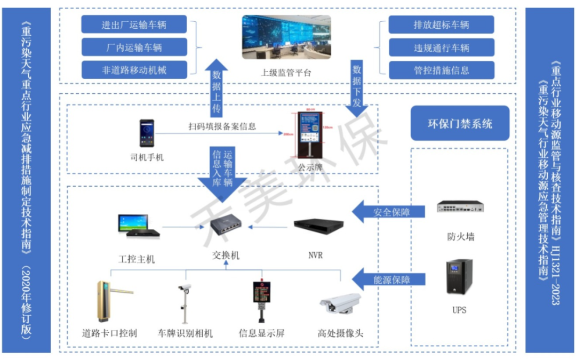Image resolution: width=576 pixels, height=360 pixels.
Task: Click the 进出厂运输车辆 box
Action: coord(134,25)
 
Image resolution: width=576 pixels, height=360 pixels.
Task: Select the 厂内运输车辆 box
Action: coord(134,47)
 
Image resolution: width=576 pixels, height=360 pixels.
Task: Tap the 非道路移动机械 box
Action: coord(134,70)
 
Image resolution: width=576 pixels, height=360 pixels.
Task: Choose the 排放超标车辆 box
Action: coord(441,25)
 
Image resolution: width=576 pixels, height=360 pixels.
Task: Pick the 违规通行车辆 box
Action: coord(441,47)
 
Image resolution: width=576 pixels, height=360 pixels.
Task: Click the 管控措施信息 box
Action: coord(441,70)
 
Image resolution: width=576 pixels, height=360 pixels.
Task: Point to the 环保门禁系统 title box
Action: coord(460,124)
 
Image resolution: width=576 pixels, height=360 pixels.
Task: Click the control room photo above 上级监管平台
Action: coord(286,37)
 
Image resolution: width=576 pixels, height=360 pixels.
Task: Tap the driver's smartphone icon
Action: coord(147,133)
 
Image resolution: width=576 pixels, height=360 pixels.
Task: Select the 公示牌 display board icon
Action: coord(308,135)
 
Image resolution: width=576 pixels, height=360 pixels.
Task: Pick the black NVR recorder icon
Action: coord(318,226)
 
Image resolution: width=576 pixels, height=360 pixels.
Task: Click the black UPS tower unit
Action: coord(459,276)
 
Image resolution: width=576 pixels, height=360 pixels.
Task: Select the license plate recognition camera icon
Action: coord(185,302)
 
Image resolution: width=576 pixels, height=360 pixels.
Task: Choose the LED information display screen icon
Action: coord(261,299)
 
